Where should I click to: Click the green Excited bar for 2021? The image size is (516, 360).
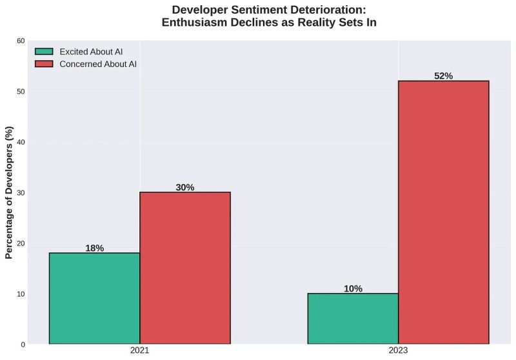pyautogui.click(x=94, y=298)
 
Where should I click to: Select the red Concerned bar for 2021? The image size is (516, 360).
pyautogui.click(x=185, y=268)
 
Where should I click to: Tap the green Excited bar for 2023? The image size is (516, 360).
pyautogui.click(x=353, y=319)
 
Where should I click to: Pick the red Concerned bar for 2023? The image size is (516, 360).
pyautogui.click(x=444, y=212)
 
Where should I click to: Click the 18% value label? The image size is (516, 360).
pyautogui.click(x=94, y=248)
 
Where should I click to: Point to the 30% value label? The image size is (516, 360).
pyautogui.click(x=185, y=188)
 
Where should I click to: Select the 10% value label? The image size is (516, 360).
pyautogui.click(x=353, y=289)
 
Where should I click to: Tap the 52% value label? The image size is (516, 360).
pyautogui.click(x=444, y=76)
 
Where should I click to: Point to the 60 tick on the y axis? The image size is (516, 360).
pyautogui.click(x=21, y=41)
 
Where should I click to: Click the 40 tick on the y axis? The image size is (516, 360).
pyautogui.click(x=21, y=142)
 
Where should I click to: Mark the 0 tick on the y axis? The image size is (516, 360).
pyautogui.click(x=23, y=345)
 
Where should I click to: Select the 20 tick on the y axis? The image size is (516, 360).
pyautogui.click(x=21, y=243)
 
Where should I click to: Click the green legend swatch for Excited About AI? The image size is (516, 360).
pyautogui.click(x=44, y=52)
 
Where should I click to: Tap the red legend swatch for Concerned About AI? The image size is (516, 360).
pyautogui.click(x=44, y=65)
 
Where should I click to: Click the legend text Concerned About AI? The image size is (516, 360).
pyautogui.click(x=98, y=65)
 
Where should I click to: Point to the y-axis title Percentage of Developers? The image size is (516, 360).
pyautogui.click(x=9, y=192)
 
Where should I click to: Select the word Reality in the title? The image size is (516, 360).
pyautogui.click(x=306, y=23)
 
